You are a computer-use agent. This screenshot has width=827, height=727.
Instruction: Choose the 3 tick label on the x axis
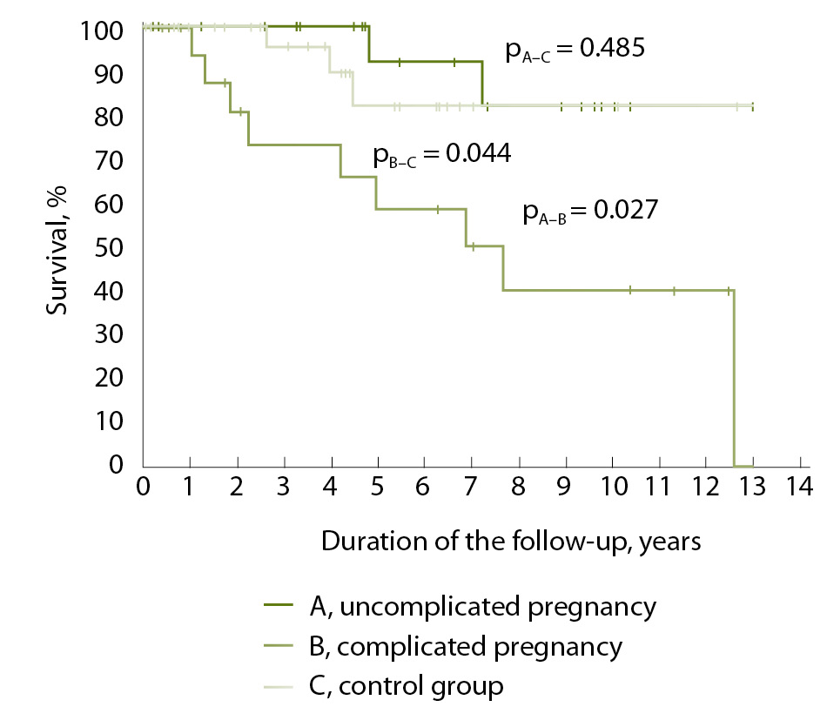click(283, 484)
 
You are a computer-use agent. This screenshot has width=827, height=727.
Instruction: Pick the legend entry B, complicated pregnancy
click(465, 647)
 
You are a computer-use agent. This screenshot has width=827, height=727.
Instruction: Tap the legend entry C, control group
click(406, 686)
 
